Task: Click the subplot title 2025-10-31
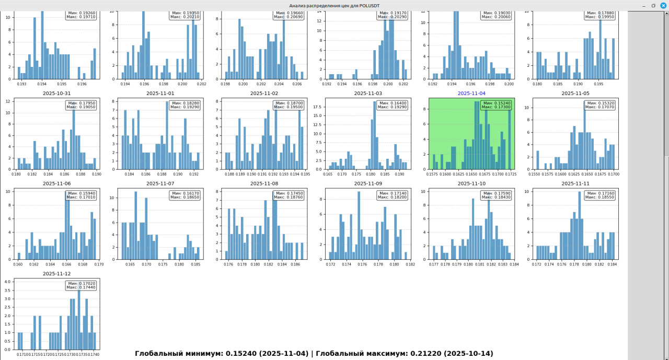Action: click(56, 94)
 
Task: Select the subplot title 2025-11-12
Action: click(56, 273)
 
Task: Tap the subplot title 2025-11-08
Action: click(264, 183)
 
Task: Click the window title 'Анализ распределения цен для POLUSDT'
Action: click(334, 6)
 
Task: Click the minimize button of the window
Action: click(643, 5)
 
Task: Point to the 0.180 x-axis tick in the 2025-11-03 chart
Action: click(371, 174)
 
